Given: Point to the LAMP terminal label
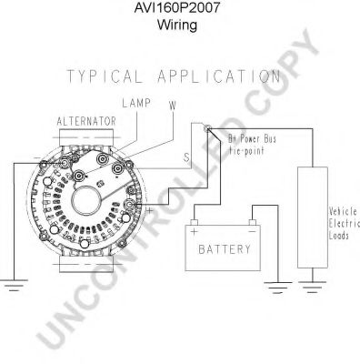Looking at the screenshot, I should point(135,102).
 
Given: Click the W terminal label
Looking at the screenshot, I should point(172,104).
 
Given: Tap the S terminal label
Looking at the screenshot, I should point(187,157).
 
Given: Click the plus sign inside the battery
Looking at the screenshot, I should point(194,230).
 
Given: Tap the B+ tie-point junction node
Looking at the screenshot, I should point(208,129).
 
